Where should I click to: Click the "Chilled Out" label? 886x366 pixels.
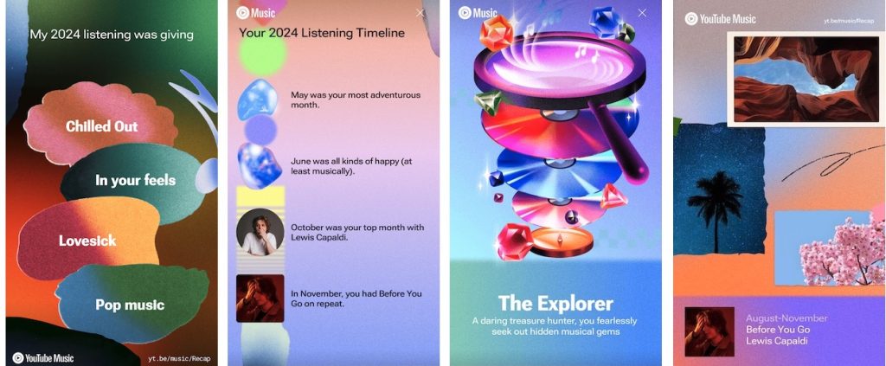point(102,126)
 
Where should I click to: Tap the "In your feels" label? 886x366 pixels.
point(136,180)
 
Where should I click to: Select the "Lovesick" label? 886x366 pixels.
point(87,241)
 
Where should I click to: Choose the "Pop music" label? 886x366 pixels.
point(130,305)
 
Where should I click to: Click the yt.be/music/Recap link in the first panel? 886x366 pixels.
point(179,358)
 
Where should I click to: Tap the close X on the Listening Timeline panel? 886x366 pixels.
point(420,12)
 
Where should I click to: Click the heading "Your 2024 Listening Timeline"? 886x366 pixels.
point(322,33)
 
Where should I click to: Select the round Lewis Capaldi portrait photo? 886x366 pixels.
point(260,232)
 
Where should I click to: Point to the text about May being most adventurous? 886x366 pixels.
point(356,100)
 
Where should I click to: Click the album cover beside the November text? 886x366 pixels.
point(260,299)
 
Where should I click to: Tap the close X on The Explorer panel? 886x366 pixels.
point(642,12)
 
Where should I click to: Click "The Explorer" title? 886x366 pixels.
point(556,304)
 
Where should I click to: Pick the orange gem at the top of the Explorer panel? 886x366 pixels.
point(496,32)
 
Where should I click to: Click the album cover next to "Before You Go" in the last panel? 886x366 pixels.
point(709,331)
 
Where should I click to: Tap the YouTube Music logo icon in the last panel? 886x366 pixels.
point(691,19)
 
